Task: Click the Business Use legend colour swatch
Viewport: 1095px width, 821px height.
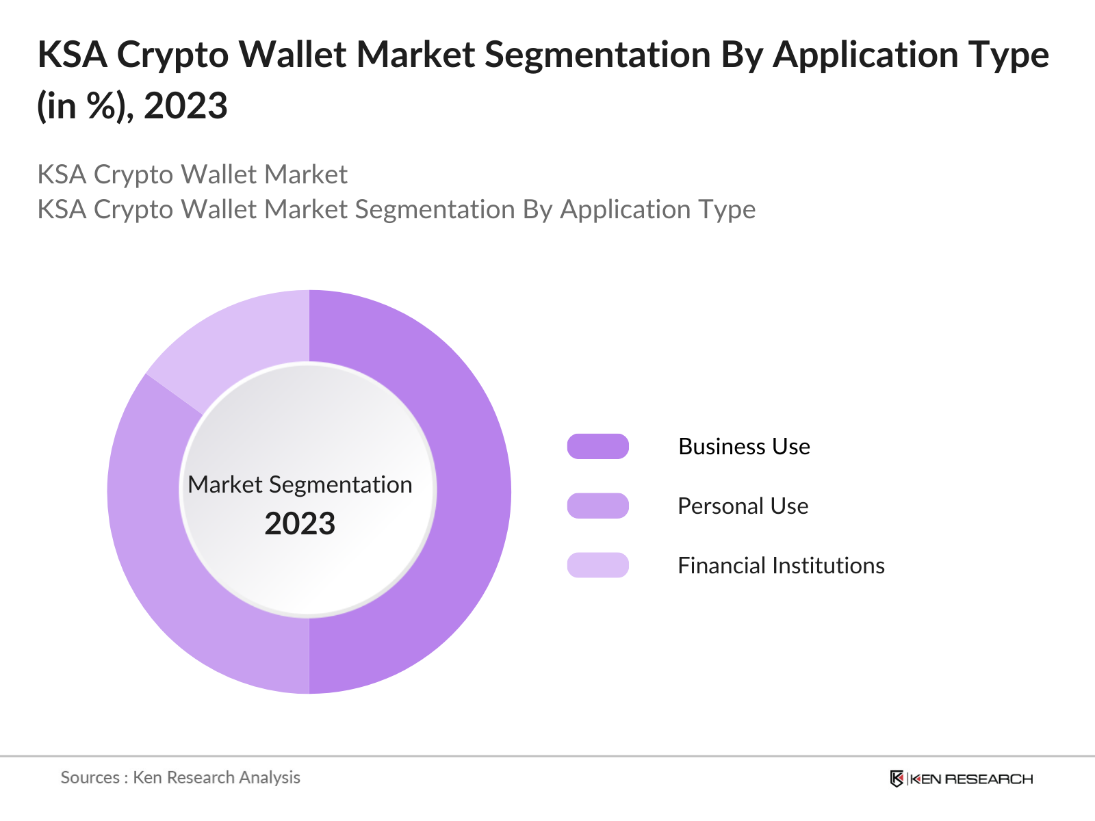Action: coord(597,446)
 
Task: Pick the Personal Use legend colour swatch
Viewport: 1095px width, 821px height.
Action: coord(597,506)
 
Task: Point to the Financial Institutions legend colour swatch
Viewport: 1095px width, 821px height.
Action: coord(597,565)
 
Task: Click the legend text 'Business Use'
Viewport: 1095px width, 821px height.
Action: coord(744,447)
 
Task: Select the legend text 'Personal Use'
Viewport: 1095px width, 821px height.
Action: coord(743,506)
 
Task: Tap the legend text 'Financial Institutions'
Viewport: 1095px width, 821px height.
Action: coord(781,566)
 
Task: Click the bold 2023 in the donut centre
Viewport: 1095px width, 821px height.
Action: coord(300,524)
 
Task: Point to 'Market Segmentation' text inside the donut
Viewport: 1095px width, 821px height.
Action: coord(300,484)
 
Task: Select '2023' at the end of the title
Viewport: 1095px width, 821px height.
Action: coord(185,106)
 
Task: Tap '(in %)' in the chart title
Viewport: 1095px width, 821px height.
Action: coord(84,106)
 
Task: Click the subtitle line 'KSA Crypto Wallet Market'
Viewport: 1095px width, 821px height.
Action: coord(192,174)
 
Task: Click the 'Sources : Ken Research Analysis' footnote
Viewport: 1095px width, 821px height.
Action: coord(180,777)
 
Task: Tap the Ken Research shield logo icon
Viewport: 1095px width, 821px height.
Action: coord(897,779)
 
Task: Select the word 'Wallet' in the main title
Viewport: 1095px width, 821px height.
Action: coord(292,55)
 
